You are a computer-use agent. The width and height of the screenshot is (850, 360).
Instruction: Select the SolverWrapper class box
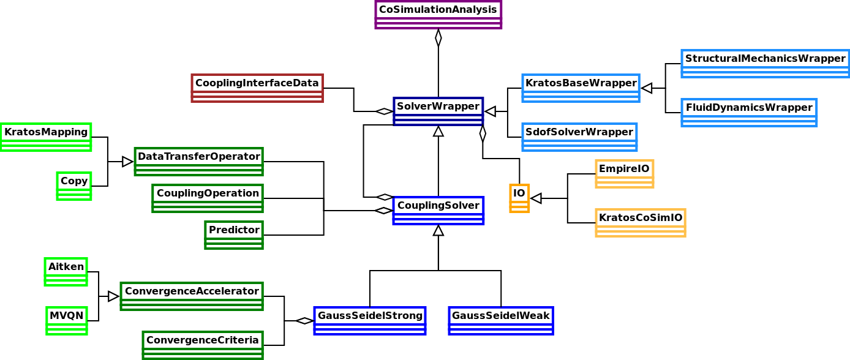[438, 111]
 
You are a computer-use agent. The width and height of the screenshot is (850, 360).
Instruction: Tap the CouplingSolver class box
[438, 210]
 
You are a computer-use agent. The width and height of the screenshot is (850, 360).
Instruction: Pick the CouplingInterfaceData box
[257, 88]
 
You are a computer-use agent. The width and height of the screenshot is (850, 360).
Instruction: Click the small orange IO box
[519, 198]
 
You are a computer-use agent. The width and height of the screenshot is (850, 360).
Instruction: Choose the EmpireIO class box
[624, 173]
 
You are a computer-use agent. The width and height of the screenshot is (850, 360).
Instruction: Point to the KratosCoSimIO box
[640, 222]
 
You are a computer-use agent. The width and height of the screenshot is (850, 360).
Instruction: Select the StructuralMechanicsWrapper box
[765, 63]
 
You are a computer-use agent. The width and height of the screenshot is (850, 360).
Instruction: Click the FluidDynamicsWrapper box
[748, 112]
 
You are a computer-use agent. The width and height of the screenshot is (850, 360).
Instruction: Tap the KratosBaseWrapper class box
[581, 88]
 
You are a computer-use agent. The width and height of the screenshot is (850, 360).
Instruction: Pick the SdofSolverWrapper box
[579, 137]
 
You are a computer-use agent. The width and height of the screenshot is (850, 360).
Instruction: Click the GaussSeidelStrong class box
[370, 320]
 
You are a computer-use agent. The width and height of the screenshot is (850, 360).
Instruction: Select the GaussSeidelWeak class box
[501, 320]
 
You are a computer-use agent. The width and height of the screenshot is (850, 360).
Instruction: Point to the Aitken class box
[66, 271]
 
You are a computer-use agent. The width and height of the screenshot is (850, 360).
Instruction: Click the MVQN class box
[66, 320]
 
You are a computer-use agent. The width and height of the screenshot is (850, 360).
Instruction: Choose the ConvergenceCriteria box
[203, 345]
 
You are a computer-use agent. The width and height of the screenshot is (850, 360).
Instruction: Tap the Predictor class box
[234, 234]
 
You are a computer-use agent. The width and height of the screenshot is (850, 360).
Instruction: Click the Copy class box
[74, 186]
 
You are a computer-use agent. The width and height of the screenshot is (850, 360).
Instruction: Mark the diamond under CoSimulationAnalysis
[438, 38]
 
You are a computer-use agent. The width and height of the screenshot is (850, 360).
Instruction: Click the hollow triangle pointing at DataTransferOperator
[127, 162]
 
